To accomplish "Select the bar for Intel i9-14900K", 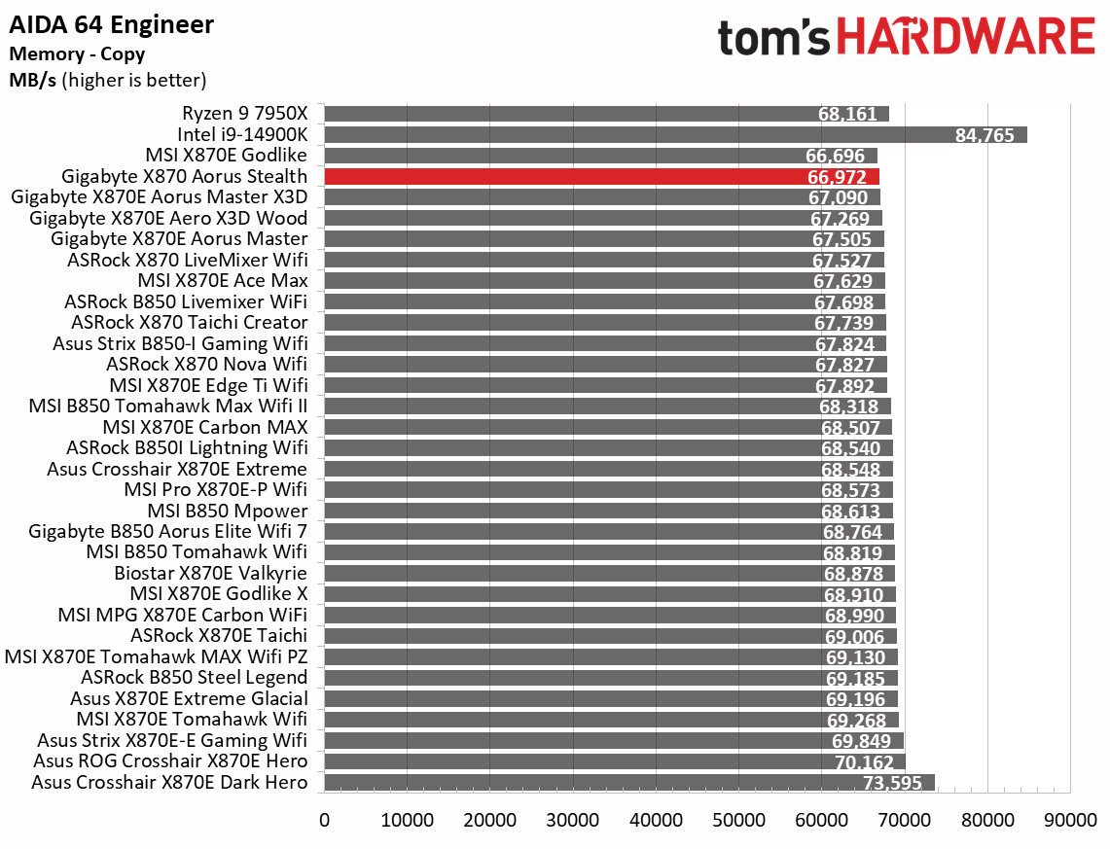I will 675,134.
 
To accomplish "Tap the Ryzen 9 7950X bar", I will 606,114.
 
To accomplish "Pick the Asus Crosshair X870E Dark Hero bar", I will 628,783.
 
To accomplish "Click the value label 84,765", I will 985,135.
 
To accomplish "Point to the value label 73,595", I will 892,784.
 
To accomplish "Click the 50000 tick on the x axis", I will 739,820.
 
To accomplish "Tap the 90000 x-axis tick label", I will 1070,820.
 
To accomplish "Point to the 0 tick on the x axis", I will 325,820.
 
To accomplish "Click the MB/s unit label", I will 32,80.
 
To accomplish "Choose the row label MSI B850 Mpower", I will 228,511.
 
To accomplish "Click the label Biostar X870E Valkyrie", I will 210,573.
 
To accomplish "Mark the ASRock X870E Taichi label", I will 219,636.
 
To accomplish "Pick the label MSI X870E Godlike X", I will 218,593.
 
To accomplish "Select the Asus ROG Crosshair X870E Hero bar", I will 615,761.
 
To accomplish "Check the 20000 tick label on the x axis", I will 490,820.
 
